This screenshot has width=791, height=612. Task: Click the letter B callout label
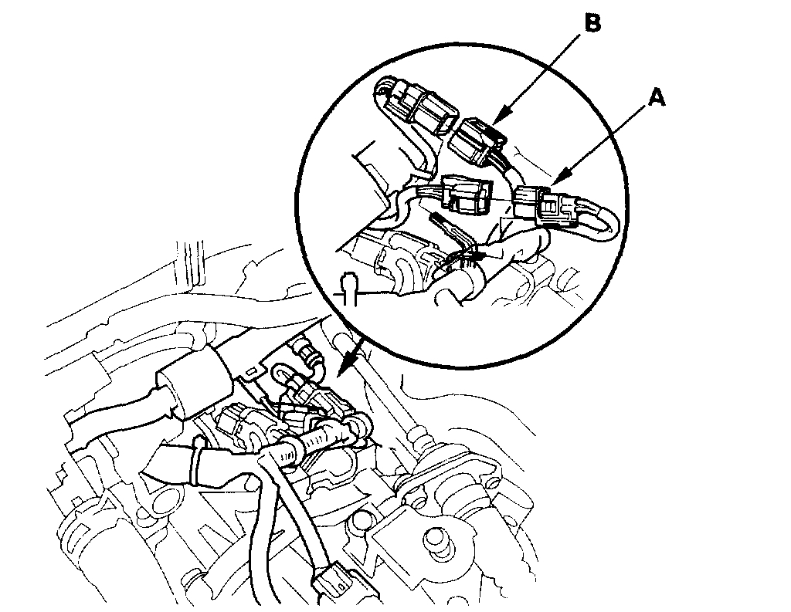click(591, 24)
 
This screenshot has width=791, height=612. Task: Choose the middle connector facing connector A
click(466, 194)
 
